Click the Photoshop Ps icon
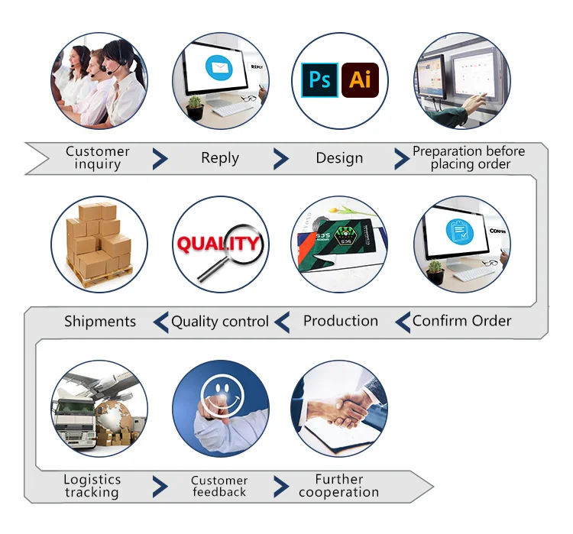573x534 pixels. click(x=320, y=79)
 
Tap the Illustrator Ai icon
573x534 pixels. click(x=359, y=79)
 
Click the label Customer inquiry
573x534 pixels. click(x=98, y=157)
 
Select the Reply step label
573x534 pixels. click(x=220, y=158)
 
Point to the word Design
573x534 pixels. click(x=339, y=158)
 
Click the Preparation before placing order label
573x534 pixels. click(x=468, y=157)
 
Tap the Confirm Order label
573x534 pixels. click(x=462, y=321)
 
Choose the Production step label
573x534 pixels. click(x=341, y=321)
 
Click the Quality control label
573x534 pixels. click(x=220, y=322)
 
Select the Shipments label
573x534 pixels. click(x=100, y=322)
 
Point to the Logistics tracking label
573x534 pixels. click(x=92, y=486)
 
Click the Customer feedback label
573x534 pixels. click(x=219, y=487)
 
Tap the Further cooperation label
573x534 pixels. click(x=339, y=486)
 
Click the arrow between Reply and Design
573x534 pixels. click(x=281, y=158)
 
